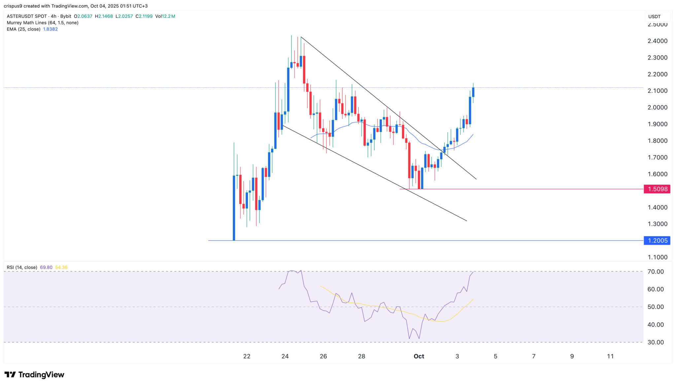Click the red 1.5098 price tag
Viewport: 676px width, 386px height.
click(x=657, y=189)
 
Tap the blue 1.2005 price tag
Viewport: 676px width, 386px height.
click(x=657, y=241)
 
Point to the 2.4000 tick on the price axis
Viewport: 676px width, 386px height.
click(x=657, y=41)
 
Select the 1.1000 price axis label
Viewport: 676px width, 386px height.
click(x=657, y=257)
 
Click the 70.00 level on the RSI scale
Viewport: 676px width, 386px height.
click(x=655, y=272)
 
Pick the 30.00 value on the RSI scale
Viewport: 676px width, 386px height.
click(x=655, y=342)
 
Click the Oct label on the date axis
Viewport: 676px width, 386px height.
click(x=419, y=356)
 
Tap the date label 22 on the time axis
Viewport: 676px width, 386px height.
click(x=247, y=356)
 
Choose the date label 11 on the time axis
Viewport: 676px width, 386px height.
click(x=610, y=356)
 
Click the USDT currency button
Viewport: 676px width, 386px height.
click(x=654, y=17)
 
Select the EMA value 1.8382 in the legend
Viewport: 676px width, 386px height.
click(x=51, y=29)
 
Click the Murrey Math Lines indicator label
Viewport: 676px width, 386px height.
click(x=43, y=23)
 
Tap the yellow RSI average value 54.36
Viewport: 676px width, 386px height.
click(x=61, y=267)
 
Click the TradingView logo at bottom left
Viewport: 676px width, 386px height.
click(x=34, y=374)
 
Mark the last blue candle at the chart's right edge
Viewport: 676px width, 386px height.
click(x=473, y=92)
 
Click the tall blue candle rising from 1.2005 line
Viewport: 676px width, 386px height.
click(x=234, y=208)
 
